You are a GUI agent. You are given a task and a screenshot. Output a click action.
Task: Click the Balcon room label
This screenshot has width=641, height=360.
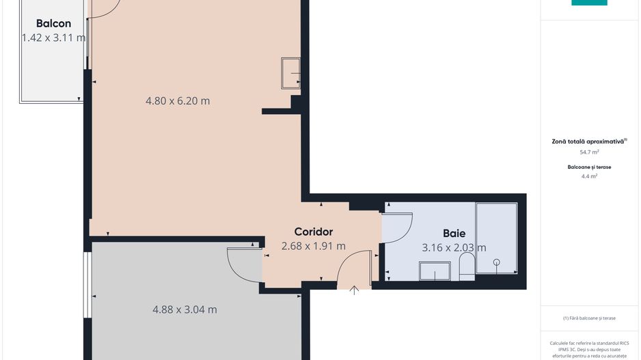pos(53,23)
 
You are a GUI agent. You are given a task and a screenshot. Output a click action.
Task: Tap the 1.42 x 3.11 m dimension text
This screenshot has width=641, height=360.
pos(53,38)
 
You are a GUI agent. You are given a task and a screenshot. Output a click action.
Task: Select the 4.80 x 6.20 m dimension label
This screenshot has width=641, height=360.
pos(178,101)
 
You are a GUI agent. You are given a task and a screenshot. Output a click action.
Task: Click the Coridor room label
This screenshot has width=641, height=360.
pos(313,232)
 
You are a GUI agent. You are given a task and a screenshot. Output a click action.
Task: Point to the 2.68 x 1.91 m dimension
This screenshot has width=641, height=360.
pos(313,246)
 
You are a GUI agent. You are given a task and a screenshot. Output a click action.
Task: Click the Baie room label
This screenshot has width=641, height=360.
pos(454,233)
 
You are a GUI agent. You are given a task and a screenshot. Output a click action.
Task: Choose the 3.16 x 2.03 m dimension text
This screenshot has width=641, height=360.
pos(454,247)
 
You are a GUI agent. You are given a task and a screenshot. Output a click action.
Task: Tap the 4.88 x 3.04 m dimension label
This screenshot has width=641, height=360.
pos(185,309)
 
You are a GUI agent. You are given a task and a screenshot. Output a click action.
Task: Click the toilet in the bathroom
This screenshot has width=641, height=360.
pos(467,267)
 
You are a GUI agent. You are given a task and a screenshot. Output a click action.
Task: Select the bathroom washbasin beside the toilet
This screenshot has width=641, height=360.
pos(435,273)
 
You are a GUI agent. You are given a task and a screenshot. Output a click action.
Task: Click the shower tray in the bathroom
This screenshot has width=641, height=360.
pos(496,238)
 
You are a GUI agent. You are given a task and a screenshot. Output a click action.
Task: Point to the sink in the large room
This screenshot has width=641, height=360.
pos(291,74)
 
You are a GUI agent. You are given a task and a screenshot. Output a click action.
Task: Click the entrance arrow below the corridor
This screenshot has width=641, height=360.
pos(355,290)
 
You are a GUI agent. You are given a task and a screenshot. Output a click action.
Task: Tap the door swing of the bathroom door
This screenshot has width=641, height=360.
pos(398,227)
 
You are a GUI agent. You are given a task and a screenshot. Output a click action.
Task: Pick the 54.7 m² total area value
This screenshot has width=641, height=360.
pos(589,152)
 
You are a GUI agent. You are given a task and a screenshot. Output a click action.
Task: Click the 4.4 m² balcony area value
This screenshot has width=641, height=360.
pos(589,176)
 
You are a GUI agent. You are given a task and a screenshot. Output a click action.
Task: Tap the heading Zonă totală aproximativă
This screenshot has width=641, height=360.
pos(588,141)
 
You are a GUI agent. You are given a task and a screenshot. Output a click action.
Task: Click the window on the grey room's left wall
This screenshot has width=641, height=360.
pos(87,286)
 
